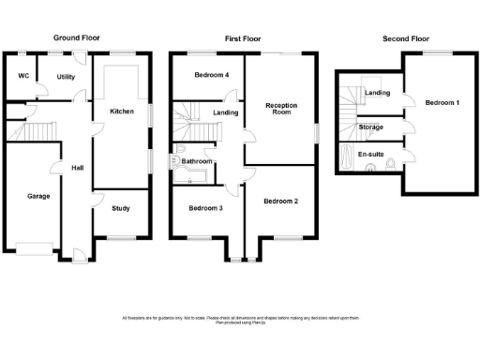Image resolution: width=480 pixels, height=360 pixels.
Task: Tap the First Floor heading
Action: (243, 38)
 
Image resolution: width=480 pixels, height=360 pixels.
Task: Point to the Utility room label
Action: (66, 77)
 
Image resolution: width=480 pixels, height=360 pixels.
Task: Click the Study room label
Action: (122, 208)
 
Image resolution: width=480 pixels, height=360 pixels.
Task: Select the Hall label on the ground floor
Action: (78, 168)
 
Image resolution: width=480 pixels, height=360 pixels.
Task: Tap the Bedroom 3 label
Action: (204, 208)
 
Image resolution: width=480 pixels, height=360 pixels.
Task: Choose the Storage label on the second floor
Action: (370, 126)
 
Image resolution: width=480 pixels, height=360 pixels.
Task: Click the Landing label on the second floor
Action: (377, 93)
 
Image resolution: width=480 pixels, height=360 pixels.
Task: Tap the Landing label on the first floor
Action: (225, 113)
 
